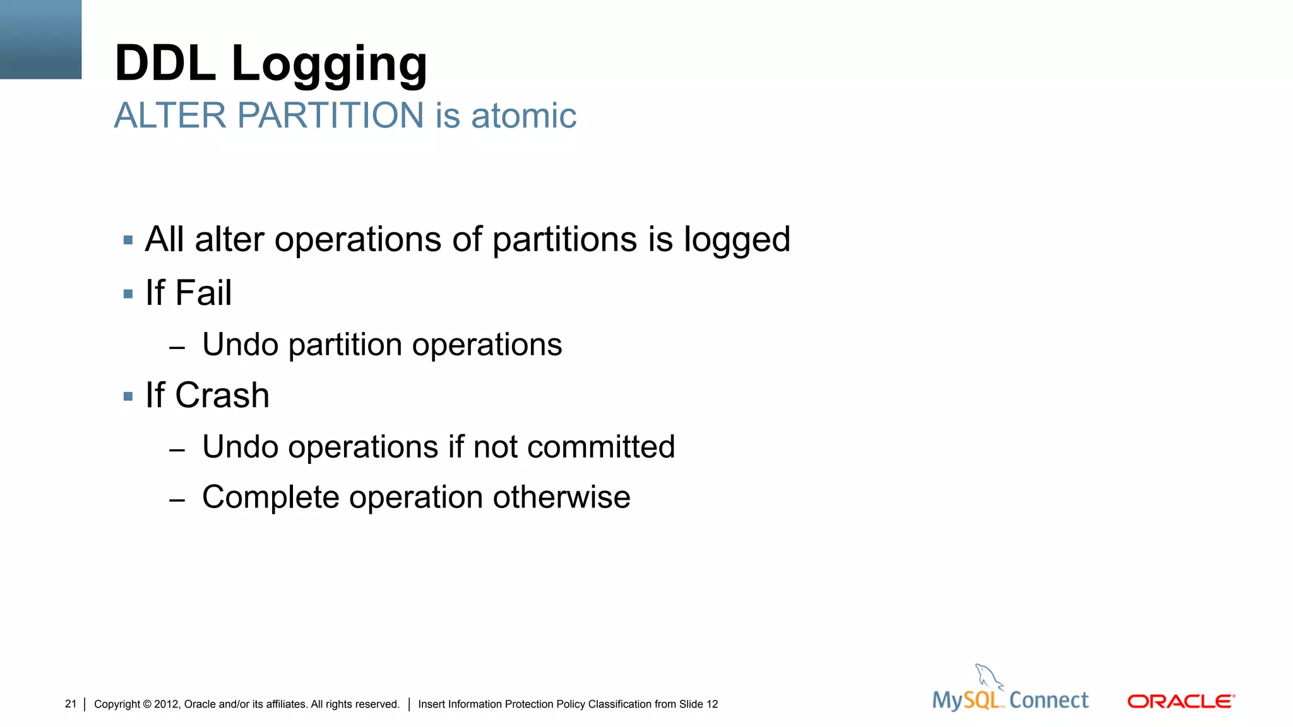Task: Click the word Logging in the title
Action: coord(330,64)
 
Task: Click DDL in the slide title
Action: coord(165,63)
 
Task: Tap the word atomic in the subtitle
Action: coord(523,116)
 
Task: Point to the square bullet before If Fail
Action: coord(128,294)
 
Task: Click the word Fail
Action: coord(203,293)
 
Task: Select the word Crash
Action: coord(222,396)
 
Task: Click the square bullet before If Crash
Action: coord(128,397)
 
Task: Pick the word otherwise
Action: coord(561,497)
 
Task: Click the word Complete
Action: coord(271,497)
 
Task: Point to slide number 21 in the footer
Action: coord(71,704)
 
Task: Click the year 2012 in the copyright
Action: coord(166,704)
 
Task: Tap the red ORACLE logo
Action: coord(1181,701)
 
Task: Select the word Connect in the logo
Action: coord(1049,700)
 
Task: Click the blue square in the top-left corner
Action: coord(40,39)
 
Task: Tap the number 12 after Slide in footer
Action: coord(712,704)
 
